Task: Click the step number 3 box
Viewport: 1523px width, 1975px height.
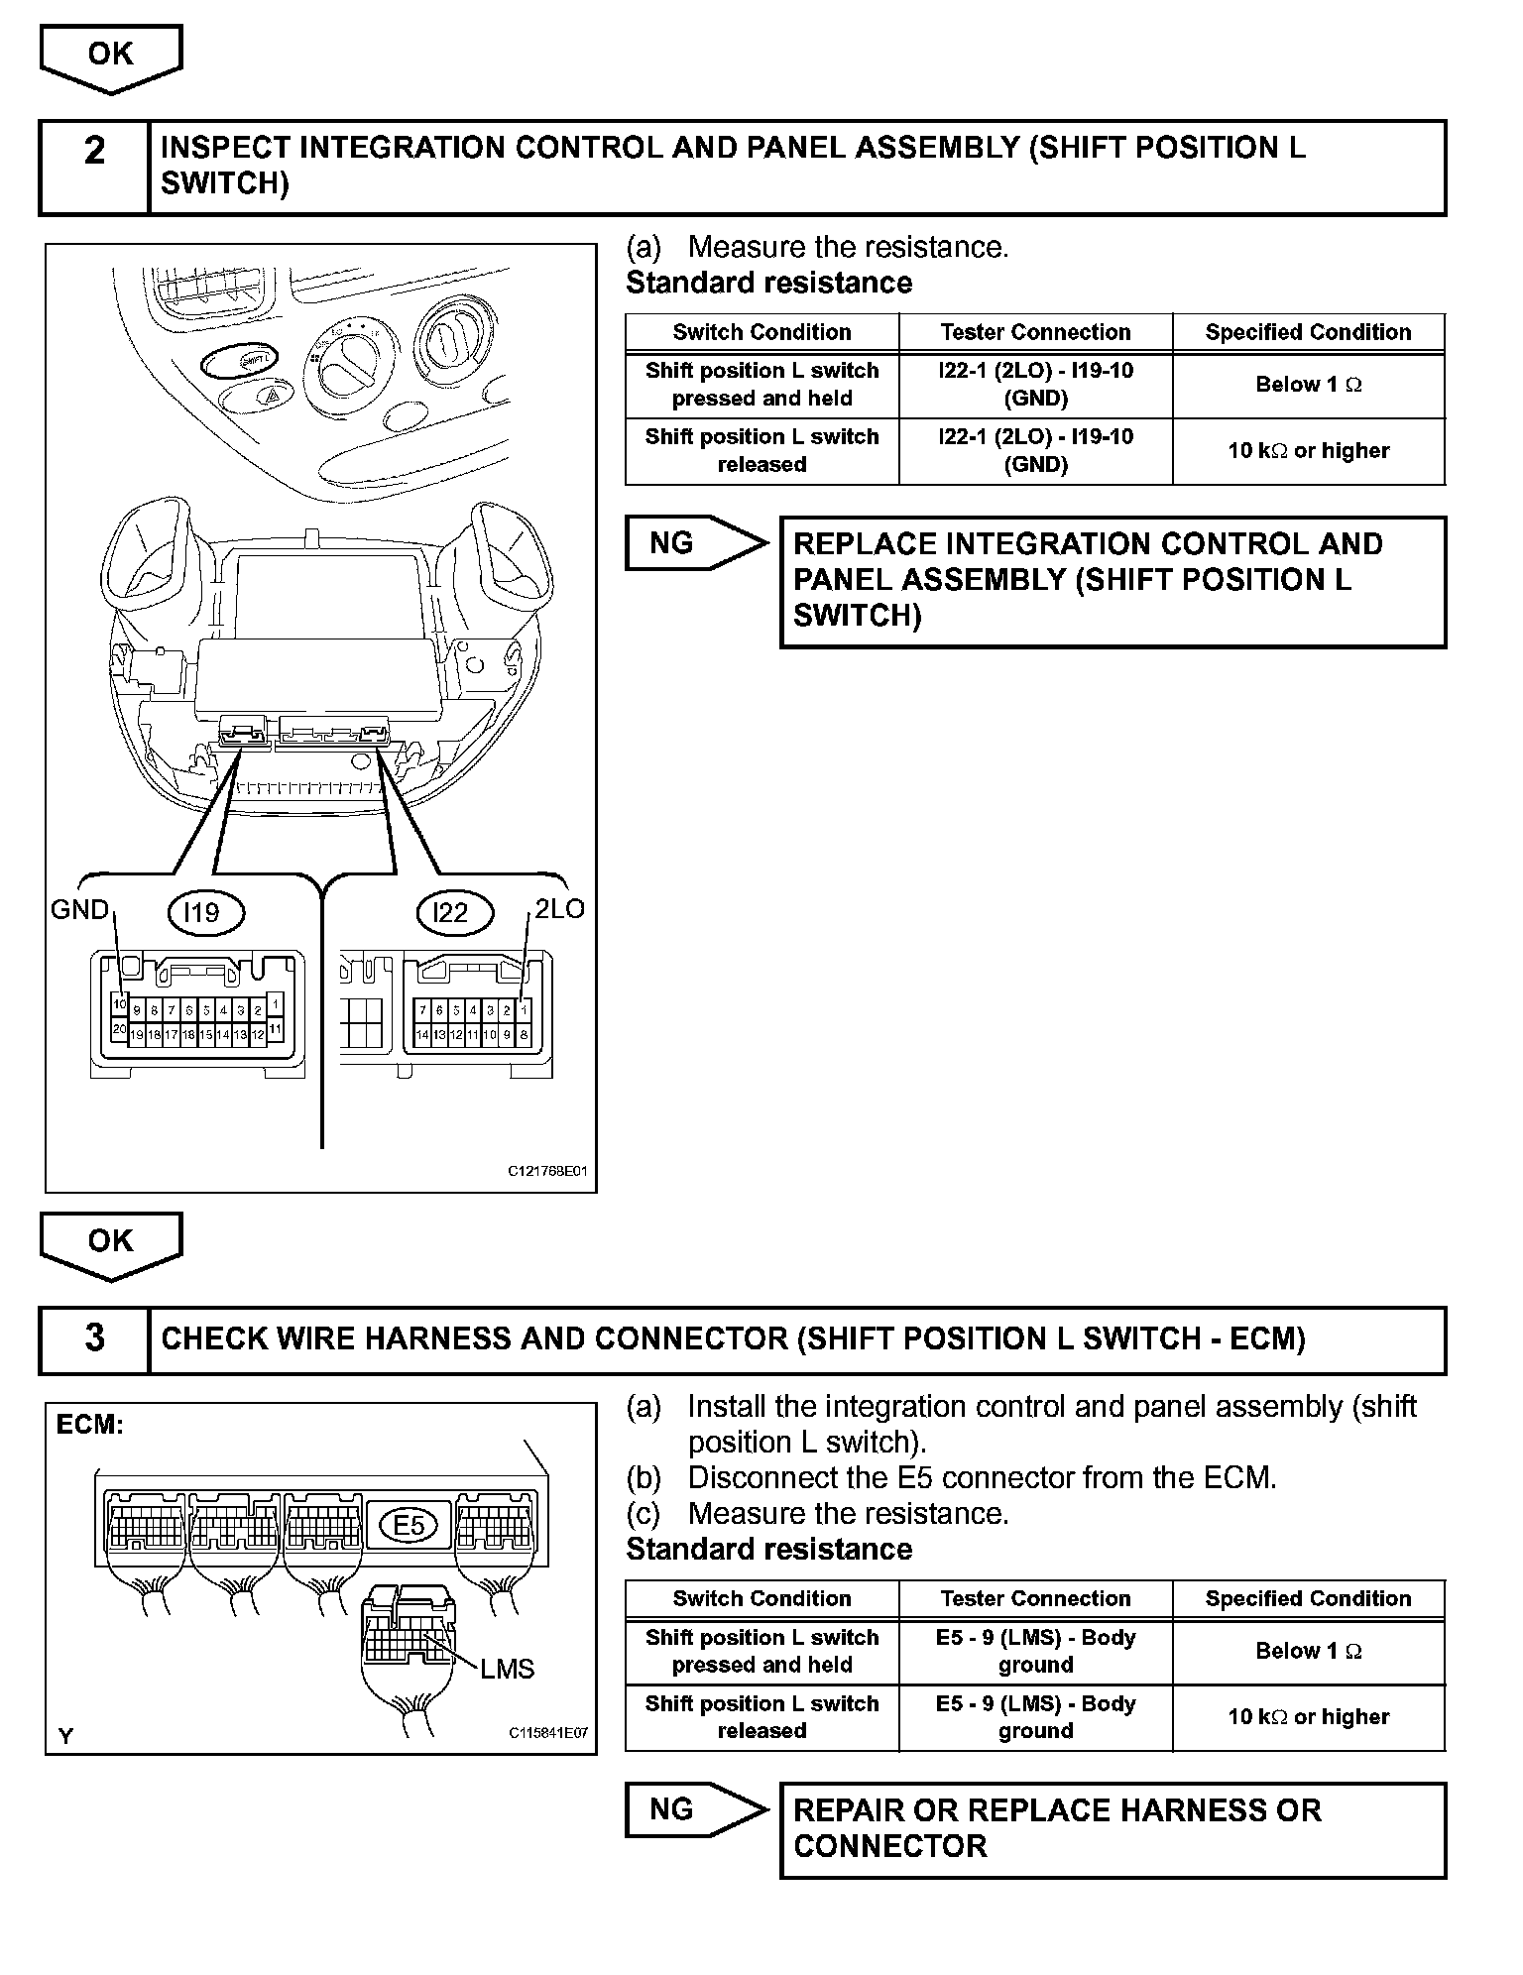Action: (94, 1338)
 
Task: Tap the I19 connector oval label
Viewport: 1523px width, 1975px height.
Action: (202, 912)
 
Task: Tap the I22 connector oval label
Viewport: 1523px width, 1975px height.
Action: (451, 912)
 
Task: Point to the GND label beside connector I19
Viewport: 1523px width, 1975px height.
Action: (79, 909)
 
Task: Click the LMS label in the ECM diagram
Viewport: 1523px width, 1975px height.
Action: (507, 1669)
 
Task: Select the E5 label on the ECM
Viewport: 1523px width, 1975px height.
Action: (409, 1525)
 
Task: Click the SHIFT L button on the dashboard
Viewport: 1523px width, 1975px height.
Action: (240, 363)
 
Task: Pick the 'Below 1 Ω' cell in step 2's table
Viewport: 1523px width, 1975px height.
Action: (1308, 385)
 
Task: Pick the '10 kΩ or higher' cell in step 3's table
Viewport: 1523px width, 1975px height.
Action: (1308, 1716)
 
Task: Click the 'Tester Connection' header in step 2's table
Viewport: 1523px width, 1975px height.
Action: (1035, 332)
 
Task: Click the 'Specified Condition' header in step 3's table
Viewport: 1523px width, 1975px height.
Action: (1308, 1598)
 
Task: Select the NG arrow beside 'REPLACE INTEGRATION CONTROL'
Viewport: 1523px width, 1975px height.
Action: (694, 543)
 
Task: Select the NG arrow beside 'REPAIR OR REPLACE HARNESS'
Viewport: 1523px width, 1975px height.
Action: (694, 1809)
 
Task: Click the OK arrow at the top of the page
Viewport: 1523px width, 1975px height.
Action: (110, 57)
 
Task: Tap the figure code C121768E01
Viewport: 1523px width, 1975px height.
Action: (547, 1171)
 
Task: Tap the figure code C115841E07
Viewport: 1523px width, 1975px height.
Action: (547, 1733)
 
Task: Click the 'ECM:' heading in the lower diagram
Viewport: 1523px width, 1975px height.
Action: (90, 1426)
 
